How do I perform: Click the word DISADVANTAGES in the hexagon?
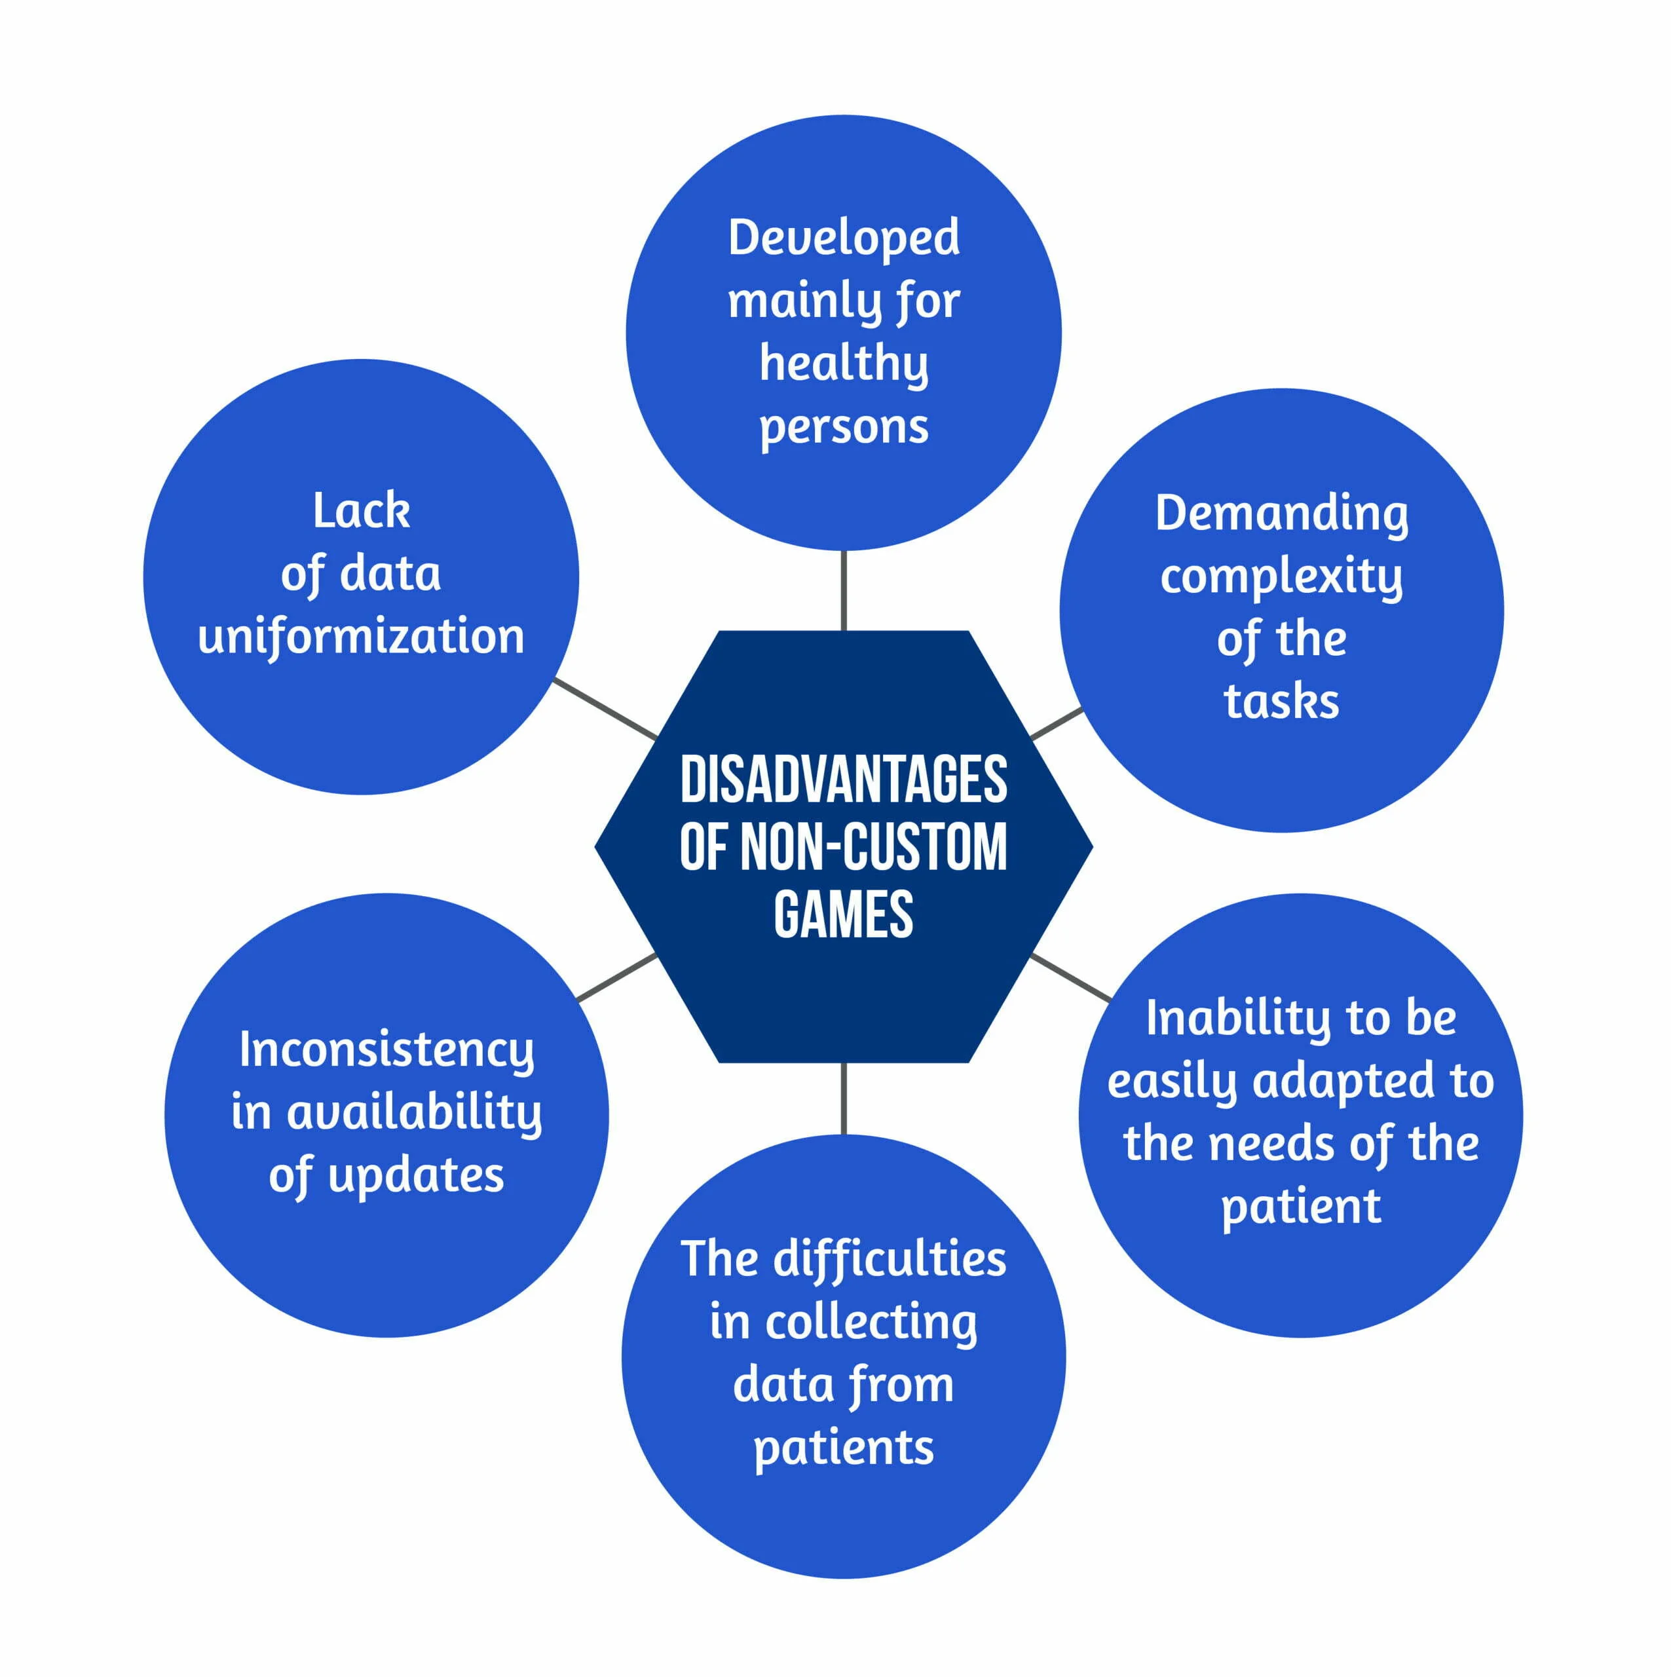[843, 780]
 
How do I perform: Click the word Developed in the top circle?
[844, 237]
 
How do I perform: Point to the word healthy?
[844, 364]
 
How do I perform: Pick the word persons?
[844, 427]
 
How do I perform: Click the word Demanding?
[1281, 514]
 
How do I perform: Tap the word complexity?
[1281, 577]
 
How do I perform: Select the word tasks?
[1281, 702]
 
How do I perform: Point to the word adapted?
[1343, 1082]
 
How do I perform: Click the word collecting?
[871, 1323]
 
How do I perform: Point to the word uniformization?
[361, 636]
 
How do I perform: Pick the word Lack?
[361, 510]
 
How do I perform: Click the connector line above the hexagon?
[843, 590]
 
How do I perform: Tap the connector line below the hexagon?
[843, 1098]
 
